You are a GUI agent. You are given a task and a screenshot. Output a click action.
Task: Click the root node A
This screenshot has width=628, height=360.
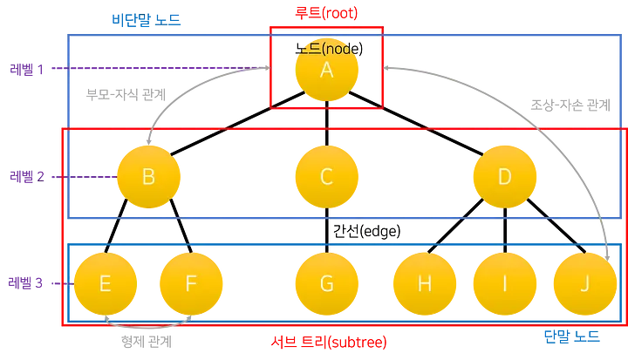point(326,71)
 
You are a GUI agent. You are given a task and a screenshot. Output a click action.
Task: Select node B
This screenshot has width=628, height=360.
point(148,176)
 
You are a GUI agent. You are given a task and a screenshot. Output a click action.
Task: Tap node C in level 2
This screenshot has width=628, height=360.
point(326,176)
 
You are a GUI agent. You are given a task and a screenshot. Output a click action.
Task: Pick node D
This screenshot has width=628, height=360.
point(504,176)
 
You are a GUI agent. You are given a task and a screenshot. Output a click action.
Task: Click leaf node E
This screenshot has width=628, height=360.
point(105,283)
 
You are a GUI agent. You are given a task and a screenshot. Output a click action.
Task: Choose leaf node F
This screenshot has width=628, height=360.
point(190,283)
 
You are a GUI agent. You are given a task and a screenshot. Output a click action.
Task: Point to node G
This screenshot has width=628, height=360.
point(326,283)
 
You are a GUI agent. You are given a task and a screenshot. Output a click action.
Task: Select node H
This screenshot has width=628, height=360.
point(425,283)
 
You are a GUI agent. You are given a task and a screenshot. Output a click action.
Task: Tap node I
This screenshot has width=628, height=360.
point(504,283)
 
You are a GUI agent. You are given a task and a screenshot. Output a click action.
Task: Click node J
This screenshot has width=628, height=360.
point(584,283)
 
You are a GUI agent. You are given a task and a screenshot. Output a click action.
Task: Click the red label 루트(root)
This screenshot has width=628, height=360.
point(326,14)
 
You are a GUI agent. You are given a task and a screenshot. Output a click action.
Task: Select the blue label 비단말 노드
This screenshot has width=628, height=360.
point(147,19)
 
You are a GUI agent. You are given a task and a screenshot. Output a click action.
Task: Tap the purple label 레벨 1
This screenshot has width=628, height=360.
point(26,69)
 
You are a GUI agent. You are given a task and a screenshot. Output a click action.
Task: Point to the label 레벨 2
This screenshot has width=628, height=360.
point(26,177)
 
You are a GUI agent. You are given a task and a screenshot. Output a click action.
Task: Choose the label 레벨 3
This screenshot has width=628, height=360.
point(26,283)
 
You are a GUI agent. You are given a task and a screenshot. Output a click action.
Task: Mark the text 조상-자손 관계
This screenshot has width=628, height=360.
point(570,105)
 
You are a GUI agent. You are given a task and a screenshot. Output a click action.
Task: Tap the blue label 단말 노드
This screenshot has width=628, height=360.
point(570,336)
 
